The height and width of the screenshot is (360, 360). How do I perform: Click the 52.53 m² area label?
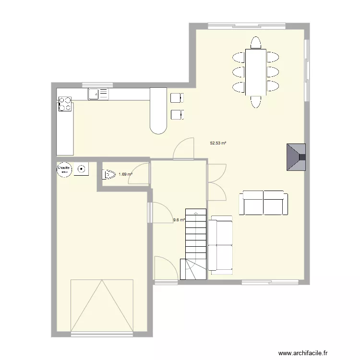(218, 143)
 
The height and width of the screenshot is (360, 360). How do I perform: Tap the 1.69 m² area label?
(125, 174)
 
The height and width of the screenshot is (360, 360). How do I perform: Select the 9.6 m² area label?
(179, 220)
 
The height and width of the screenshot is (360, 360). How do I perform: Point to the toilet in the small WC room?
(108, 174)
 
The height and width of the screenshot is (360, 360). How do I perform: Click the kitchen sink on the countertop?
(98, 94)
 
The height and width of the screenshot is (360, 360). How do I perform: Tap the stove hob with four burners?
(65, 104)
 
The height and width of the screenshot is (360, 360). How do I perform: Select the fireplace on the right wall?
(296, 156)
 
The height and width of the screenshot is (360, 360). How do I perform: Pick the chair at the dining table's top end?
(255, 43)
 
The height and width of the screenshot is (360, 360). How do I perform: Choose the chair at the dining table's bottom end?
(255, 101)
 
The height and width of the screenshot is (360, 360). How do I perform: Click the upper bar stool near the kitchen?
(177, 97)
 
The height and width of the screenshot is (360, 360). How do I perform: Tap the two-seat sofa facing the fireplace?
(264, 203)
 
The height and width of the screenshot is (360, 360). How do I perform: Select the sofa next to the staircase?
(220, 245)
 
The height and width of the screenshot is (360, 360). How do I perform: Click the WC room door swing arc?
(139, 172)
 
